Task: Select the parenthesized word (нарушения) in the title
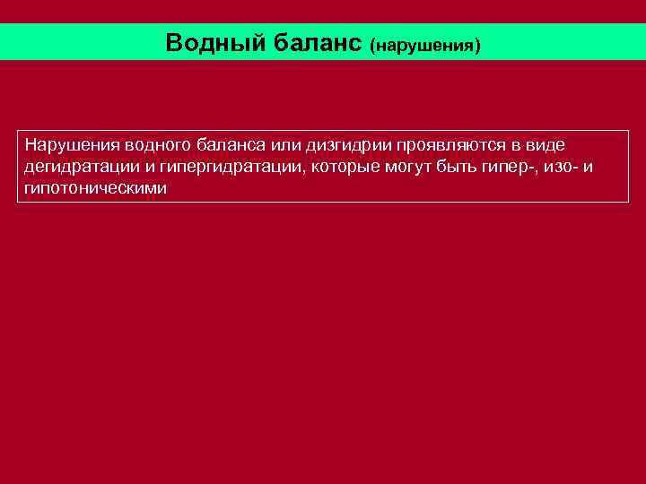(425, 44)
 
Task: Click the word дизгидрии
(346, 145)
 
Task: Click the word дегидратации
(81, 168)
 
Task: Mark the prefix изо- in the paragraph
(562, 168)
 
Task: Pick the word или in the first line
(283, 145)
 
